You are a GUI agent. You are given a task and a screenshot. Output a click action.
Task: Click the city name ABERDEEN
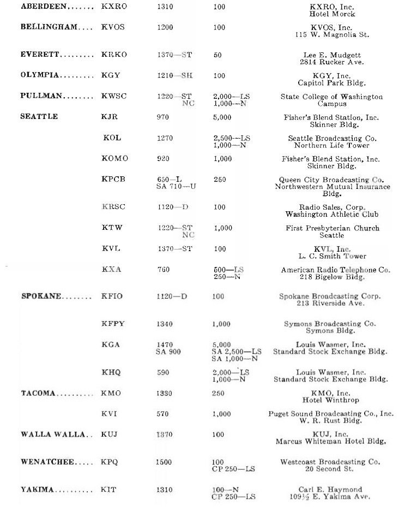(x=40, y=6)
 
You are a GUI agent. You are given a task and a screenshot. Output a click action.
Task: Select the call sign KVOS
(x=114, y=27)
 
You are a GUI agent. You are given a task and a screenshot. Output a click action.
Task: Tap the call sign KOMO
(x=115, y=159)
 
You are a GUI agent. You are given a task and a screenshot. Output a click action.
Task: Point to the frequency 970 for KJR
(x=163, y=117)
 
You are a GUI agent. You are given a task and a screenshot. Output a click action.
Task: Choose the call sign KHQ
(x=111, y=372)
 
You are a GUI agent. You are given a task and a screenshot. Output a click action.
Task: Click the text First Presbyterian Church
(x=332, y=228)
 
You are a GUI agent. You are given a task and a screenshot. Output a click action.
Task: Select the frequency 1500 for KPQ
(x=165, y=462)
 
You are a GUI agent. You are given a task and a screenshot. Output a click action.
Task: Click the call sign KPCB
(x=114, y=180)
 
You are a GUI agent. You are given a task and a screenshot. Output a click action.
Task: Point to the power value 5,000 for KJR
(x=222, y=117)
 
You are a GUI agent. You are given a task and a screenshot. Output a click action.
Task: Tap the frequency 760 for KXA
(x=163, y=270)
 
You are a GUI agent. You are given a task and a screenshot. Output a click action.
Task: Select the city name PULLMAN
(x=41, y=96)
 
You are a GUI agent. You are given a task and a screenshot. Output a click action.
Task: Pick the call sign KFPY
(x=113, y=324)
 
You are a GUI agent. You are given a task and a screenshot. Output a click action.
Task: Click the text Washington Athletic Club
(x=331, y=215)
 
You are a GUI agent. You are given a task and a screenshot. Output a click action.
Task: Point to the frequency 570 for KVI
(x=163, y=414)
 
